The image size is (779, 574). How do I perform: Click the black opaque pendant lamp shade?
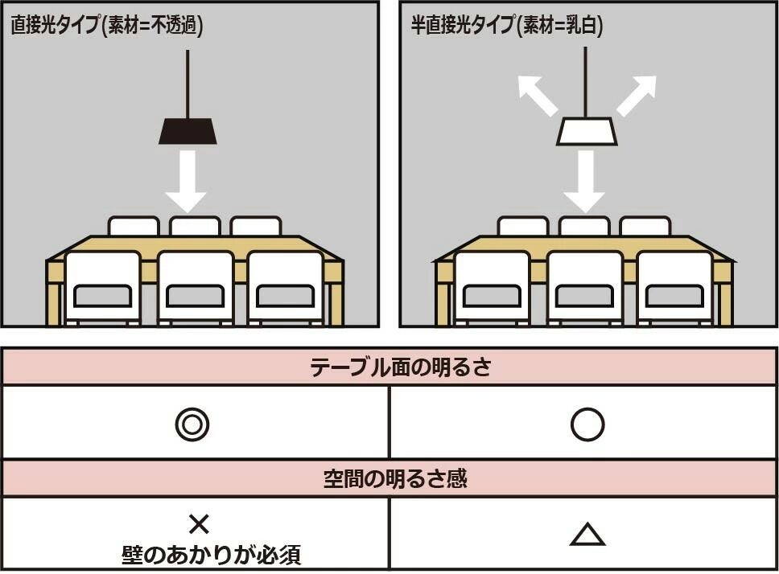[188, 131]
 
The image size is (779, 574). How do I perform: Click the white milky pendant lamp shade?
[587, 132]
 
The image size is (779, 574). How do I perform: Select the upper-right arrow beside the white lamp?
[637, 95]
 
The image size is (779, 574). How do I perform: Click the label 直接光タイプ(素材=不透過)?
[106, 25]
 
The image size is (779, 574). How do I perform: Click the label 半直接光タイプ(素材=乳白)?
[507, 25]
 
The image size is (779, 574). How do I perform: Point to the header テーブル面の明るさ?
[389, 367]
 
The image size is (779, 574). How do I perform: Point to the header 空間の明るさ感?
[389, 479]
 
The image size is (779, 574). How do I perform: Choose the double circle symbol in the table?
[192, 424]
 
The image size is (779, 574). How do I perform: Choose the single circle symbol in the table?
[587, 424]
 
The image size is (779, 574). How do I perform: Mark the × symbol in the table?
[199, 525]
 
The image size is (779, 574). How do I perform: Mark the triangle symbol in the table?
[587, 535]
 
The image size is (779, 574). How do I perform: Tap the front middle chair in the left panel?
[196, 287]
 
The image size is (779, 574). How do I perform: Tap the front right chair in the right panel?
[674, 287]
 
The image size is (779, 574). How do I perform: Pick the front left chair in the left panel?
[102, 287]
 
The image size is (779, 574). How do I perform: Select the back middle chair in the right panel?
[584, 226]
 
